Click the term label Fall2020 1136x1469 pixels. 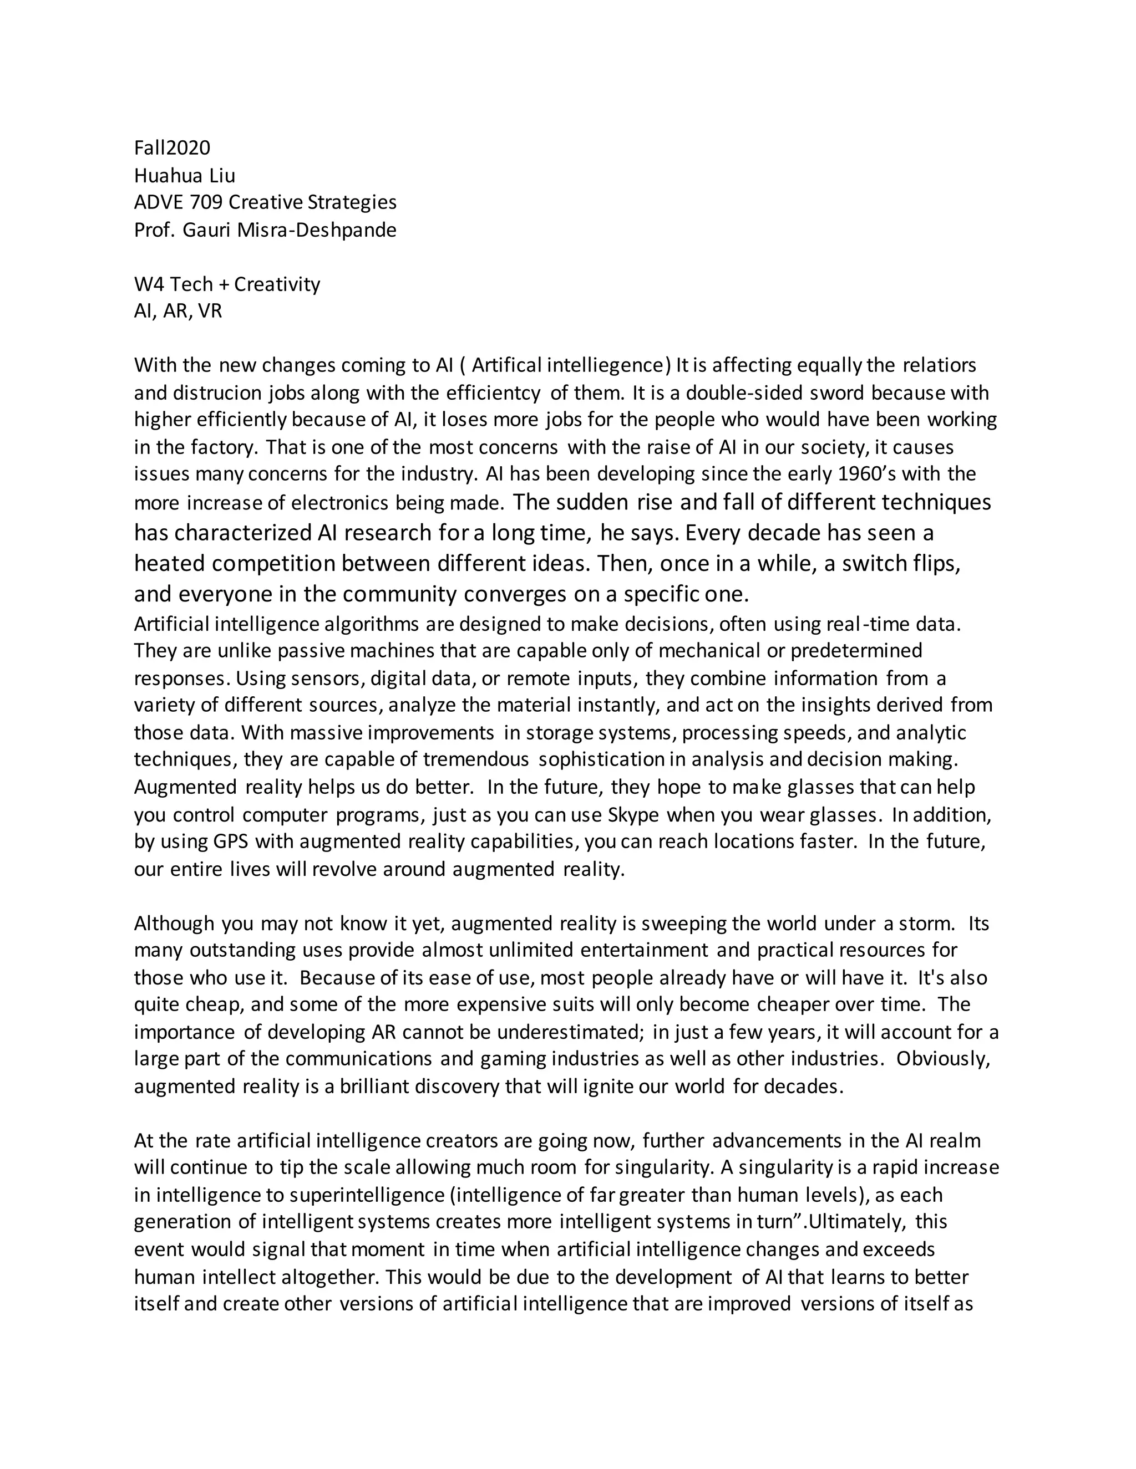coord(173,148)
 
